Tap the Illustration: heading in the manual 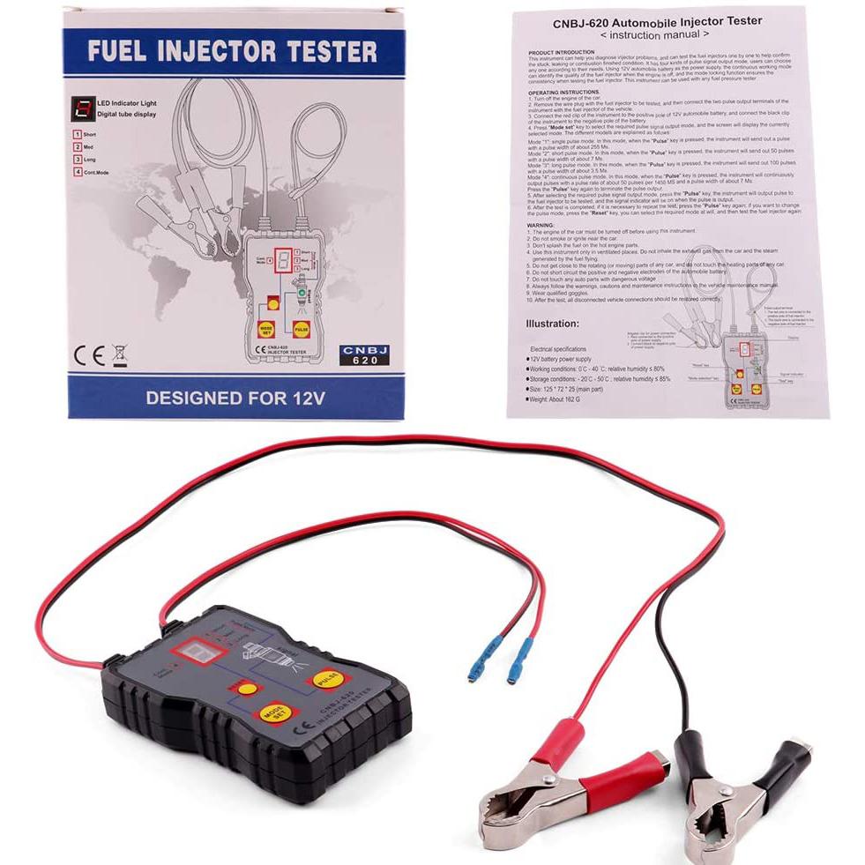(x=553, y=324)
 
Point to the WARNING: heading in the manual (x=543, y=224)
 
